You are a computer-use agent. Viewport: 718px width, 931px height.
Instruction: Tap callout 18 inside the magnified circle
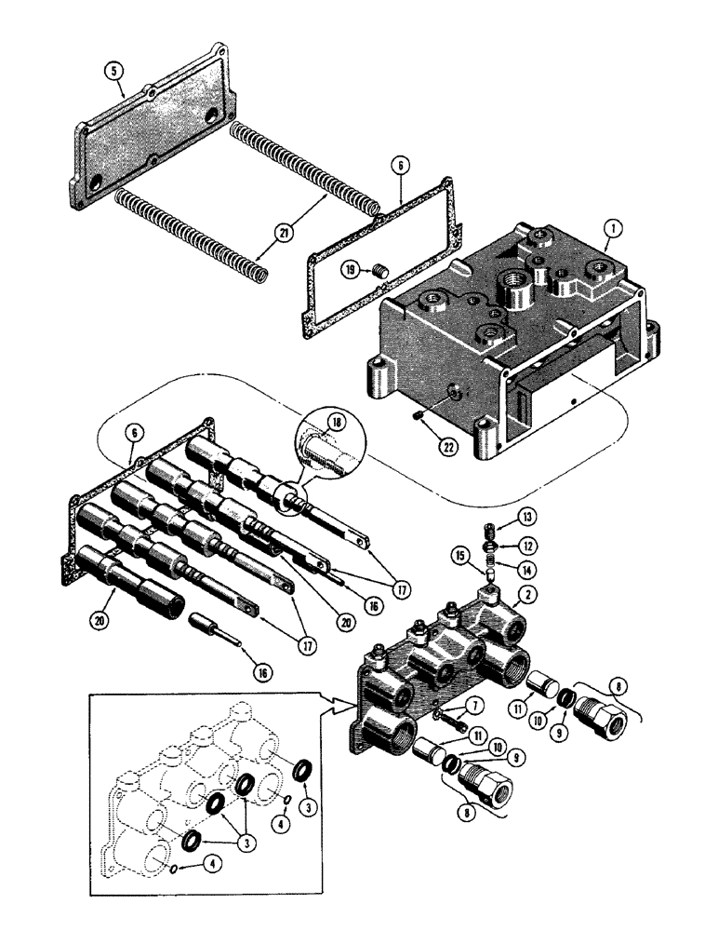tap(338, 422)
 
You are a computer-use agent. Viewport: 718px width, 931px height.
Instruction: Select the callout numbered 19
tap(350, 270)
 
